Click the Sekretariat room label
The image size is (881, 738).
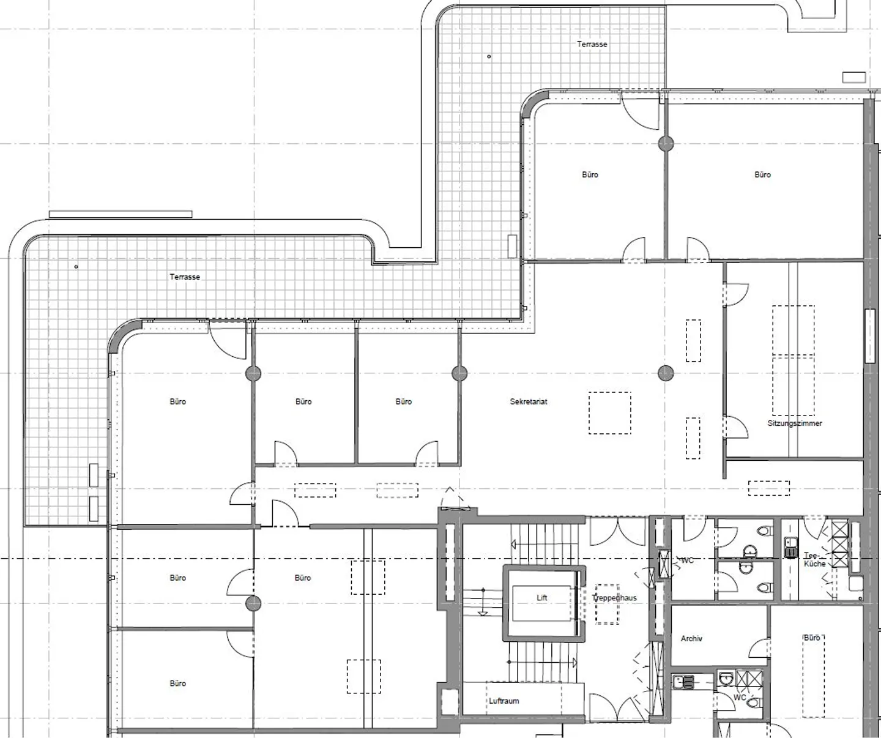(x=528, y=401)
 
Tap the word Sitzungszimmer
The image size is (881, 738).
(x=795, y=423)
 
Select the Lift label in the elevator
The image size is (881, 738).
(x=542, y=598)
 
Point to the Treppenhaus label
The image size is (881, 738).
(x=614, y=598)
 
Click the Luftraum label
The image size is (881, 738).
(x=504, y=701)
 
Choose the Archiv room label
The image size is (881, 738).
(x=691, y=639)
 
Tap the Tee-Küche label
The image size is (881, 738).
(x=814, y=559)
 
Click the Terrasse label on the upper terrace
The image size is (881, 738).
(x=592, y=44)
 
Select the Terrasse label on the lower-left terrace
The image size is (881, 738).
(x=185, y=277)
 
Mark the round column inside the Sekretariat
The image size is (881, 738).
(x=666, y=373)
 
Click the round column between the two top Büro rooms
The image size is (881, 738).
(x=666, y=144)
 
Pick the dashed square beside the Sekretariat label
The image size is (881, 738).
(x=610, y=413)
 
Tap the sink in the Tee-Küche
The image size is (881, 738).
(x=790, y=548)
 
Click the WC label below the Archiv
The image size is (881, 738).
(x=740, y=698)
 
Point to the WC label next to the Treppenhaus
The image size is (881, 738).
(x=687, y=561)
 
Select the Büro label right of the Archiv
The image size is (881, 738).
(x=812, y=638)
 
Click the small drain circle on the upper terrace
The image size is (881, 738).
(x=489, y=56)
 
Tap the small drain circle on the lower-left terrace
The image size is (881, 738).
(x=76, y=267)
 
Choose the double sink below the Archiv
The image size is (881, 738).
(x=684, y=682)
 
